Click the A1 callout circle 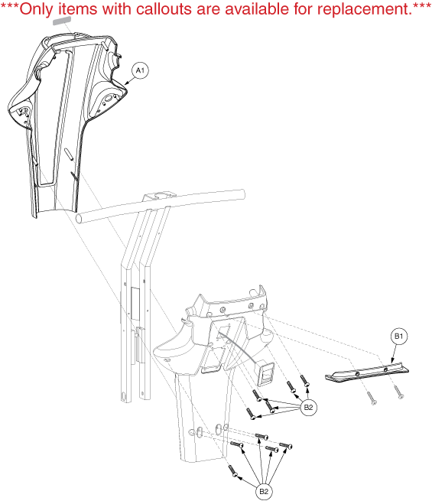(140, 70)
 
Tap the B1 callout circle (399, 336)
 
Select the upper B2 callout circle (308, 408)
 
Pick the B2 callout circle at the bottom (264, 491)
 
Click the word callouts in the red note (164, 9)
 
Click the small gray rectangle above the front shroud (62, 21)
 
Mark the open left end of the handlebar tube (80, 219)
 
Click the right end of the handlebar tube (243, 194)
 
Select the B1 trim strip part (367, 372)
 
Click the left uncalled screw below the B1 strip (372, 398)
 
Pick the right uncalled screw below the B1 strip (399, 392)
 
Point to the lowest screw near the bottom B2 (233, 471)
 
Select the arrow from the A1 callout (129, 80)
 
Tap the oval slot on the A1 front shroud (69, 154)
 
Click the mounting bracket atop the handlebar (159, 195)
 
